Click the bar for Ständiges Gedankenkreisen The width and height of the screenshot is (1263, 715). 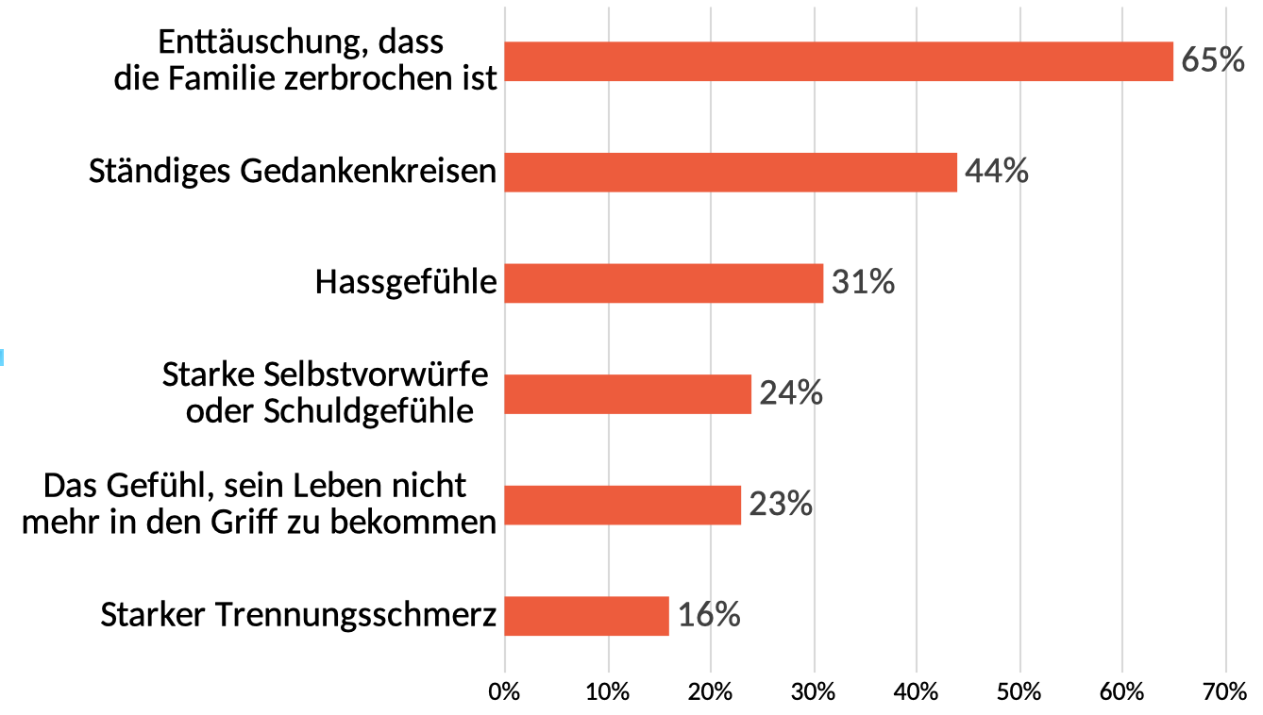coord(731,173)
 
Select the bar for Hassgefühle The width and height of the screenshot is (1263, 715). coord(664,283)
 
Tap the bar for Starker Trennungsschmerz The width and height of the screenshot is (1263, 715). coord(586,616)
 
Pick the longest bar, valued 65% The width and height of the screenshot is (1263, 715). coord(838,61)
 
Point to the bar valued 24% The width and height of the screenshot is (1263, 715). coord(628,394)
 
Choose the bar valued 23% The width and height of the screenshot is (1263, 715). coord(622,505)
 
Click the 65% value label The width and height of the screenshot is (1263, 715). coord(1213,61)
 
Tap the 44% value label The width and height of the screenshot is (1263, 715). coord(997,173)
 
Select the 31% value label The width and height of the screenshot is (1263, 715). coord(863,283)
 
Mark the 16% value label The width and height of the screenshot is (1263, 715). coord(709,616)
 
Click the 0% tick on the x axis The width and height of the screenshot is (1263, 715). coord(505,690)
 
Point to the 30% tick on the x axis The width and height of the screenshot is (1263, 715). coord(814,690)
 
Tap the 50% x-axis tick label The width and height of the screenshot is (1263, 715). coord(1019,690)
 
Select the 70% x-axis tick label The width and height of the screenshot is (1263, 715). coord(1225,690)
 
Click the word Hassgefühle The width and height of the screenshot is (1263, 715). coord(406,283)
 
